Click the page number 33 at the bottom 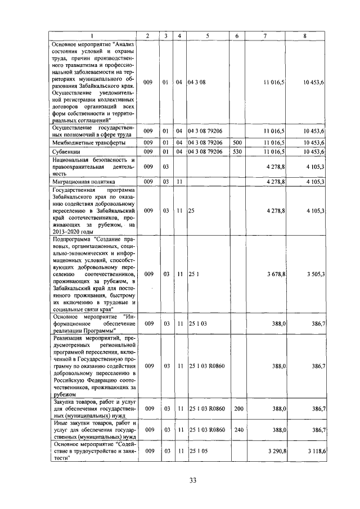point(192,480)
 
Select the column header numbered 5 point(207,36)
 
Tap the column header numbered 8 point(305,36)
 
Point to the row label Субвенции point(66,151)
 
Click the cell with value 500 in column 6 point(237,143)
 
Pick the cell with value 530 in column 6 point(237,151)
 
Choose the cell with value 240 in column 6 point(237,430)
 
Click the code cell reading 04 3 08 point(198,82)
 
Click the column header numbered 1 point(93,36)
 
